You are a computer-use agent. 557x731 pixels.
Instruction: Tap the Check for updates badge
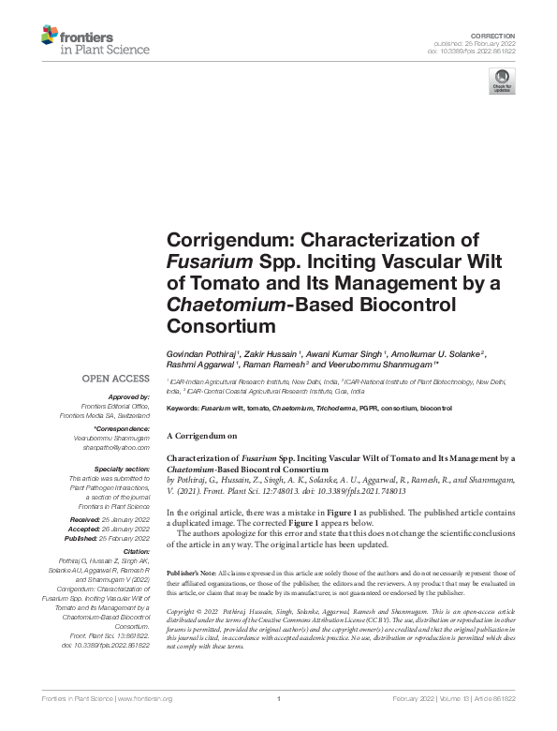click(x=501, y=82)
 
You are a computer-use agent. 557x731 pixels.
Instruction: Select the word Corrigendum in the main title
click(x=221, y=238)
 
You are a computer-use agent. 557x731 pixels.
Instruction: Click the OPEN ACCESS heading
click(x=117, y=379)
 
